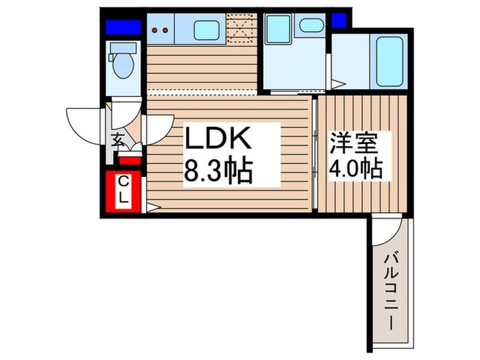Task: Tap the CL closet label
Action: (123, 190)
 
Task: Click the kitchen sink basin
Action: (208, 31)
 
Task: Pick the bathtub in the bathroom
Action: (388, 61)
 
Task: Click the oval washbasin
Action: (311, 27)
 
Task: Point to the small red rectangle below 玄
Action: (130, 161)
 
